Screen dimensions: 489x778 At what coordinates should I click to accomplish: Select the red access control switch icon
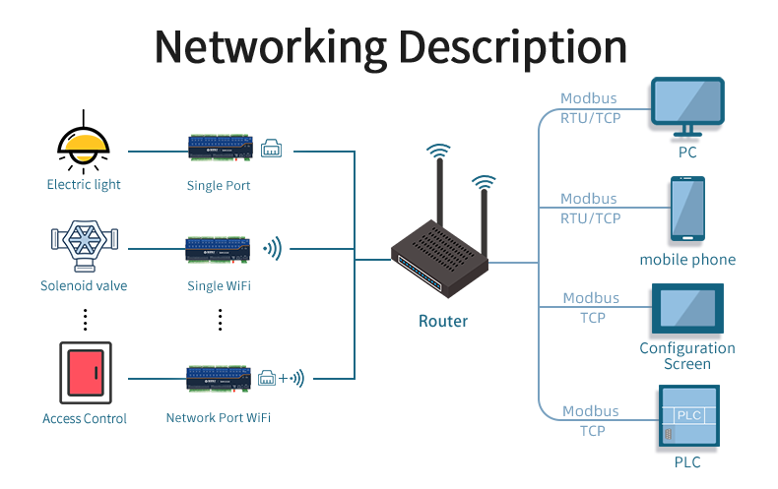click(x=86, y=372)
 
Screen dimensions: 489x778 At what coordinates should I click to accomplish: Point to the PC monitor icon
click(x=687, y=108)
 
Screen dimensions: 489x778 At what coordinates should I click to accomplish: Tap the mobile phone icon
click(x=687, y=209)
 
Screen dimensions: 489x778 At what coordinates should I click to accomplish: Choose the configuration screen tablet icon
click(x=687, y=310)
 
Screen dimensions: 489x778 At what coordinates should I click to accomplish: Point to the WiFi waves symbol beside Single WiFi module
click(x=273, y=248)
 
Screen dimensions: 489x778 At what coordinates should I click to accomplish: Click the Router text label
click(x=443, y=321)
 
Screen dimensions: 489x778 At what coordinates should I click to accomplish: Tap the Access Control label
click(x=85, y=419)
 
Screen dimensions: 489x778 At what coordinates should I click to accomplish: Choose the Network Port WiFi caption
click(x=218, y=417)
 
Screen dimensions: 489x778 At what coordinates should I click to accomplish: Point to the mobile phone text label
click(x=687, y=260)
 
